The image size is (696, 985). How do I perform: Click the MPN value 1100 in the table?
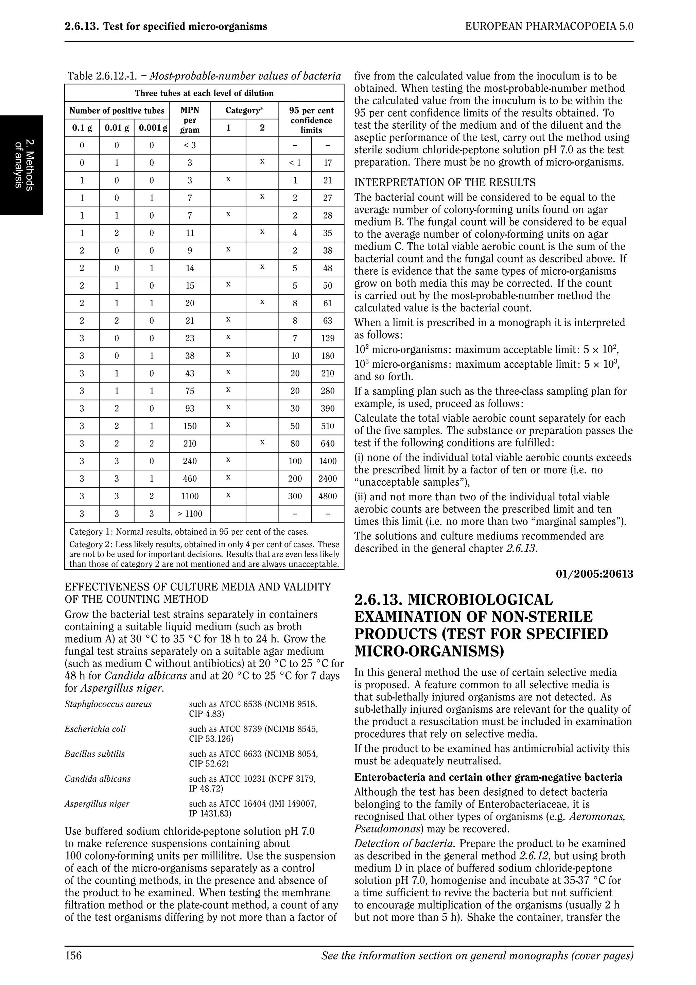tap(190, 496)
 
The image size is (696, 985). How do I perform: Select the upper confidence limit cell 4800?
tap(328, 496)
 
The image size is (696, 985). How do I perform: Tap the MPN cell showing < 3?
tap(190, 145)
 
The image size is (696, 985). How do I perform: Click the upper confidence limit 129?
tap(328, 339)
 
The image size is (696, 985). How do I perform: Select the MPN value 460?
tap(190, 479)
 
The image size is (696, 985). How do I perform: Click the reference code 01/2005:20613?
tap(594, 574)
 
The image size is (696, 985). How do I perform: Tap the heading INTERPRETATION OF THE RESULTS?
tap(445, 183)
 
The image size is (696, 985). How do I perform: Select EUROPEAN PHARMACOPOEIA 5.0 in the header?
tap(549, 27)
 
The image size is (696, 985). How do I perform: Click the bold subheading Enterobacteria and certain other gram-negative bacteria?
tap(488, 777)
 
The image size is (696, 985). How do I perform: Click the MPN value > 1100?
tap(190, 514)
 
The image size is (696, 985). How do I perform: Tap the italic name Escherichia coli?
tap(95, 729)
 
